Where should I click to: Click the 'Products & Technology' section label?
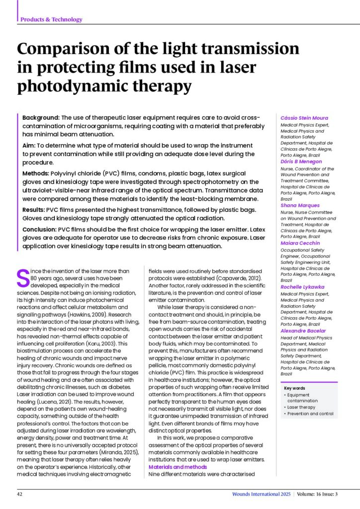pyautogui.click(x=51, y=19)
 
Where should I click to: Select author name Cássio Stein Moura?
pyautogui.click(x=304, y=118)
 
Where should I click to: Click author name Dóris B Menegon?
pyautogui.click(x=301, y=162)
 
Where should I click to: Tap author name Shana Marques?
pyautogui.click(x=300, y=205)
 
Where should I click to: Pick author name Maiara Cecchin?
pyautogui.click(x=300, y=244)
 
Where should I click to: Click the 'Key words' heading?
pyautogui.click(x=294, y=388)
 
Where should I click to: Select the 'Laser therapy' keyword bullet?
pyautogui.click(x=301, y=407)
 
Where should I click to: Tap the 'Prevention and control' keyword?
pyautogui.click(x=310, y=414)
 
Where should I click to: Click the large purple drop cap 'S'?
pyautogui.click(x=22, y=278)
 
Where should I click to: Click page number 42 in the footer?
pyautogui.click(x=20, y=494)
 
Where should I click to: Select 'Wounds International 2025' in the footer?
pyautogui.click(x=261, y=494)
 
